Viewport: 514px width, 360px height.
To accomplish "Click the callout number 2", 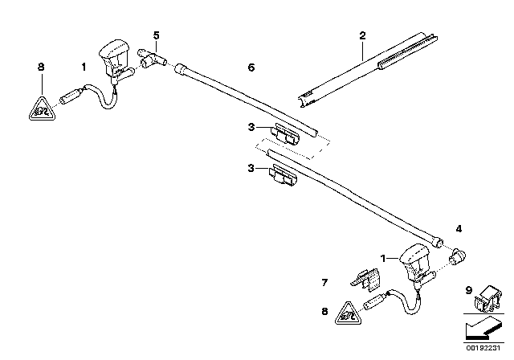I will coord(362,36).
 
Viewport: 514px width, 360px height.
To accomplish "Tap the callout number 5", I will coord(157,35).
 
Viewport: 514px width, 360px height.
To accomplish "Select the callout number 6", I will coord(251,68).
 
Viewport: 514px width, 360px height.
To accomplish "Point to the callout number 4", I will coord(459,229).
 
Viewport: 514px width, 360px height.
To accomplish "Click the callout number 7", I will coord(325,282).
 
